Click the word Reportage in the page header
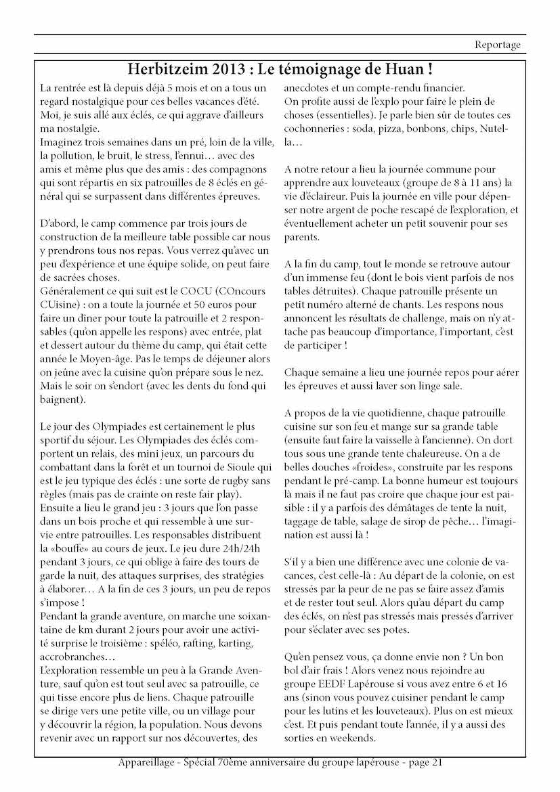(498, 45)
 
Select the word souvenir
(448, 223)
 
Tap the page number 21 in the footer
(437, 763)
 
